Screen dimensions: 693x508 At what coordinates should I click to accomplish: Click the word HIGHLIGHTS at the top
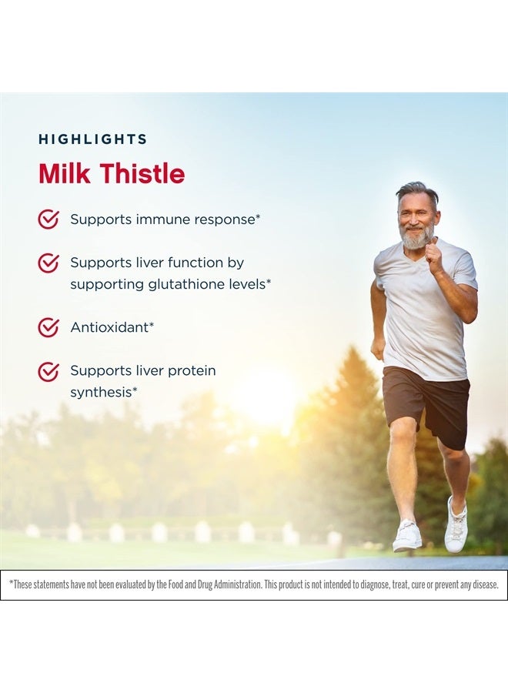pos(92,139)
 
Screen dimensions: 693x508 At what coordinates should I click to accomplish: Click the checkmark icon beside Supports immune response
pos(48,219)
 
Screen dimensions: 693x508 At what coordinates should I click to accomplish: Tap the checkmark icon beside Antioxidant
pos(48,327)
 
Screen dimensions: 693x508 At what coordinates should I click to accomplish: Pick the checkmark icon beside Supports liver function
pos(48,263)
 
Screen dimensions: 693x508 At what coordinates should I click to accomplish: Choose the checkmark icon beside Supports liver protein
pos(48,372)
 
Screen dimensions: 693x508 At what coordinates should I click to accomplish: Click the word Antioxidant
pos(109,327)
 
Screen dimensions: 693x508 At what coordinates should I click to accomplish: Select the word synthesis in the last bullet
pos(101,393)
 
